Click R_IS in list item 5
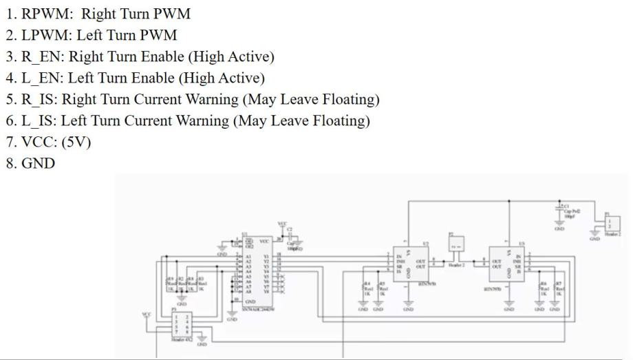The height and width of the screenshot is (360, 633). click(x=39, y=99)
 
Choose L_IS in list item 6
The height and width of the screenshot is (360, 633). click(x=38, y=120)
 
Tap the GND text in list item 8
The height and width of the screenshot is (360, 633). click(x=39, y=164)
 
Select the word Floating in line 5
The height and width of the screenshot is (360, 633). click(x=349, y=99)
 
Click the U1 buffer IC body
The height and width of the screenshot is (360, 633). click(x=257, y=272)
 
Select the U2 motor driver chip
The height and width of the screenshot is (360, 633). click(x=410, y=264)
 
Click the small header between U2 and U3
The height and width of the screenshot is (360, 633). click(x=455, y=244)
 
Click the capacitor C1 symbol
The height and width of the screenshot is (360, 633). click(x=559, y=210)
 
